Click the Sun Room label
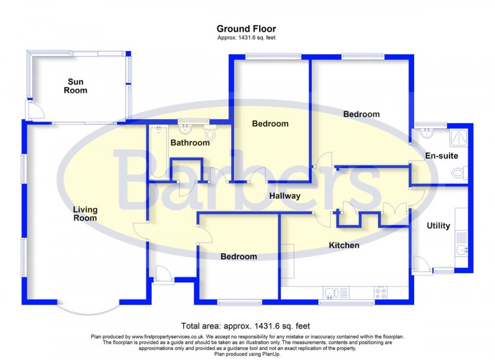[75, 86]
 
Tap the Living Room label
[85, 214]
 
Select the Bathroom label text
[190, 143]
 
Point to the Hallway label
[285, 196]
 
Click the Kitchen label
[344, 246]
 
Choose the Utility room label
[438, 226]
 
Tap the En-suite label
[441, 156]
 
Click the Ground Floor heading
[246, 29]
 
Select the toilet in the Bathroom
[210, 132]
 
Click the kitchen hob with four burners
[381, 293]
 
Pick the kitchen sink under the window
[336, 293]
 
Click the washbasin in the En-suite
[427, 133]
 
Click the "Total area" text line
[245, 326]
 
